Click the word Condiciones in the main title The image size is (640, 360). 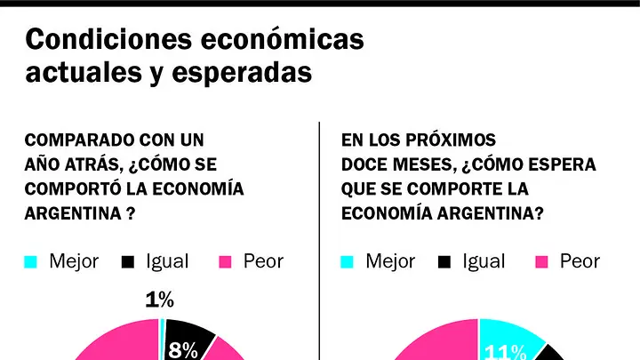109,39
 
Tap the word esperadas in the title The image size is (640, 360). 242,73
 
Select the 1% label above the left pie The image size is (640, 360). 160,300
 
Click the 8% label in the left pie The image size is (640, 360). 183,350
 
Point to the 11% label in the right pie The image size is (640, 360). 505,352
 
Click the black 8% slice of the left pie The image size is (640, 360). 188,339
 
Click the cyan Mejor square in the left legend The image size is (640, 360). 30,261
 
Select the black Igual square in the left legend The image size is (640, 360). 128,261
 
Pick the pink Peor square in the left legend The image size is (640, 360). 225,261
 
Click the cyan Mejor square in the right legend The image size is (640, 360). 347,261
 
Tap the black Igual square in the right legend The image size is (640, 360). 444,261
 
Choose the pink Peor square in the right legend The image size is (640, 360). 541,261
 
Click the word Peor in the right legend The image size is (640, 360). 580,261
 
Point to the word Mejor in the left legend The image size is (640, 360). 74,261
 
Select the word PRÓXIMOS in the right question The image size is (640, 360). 451,140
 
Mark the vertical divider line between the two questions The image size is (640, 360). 319,241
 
